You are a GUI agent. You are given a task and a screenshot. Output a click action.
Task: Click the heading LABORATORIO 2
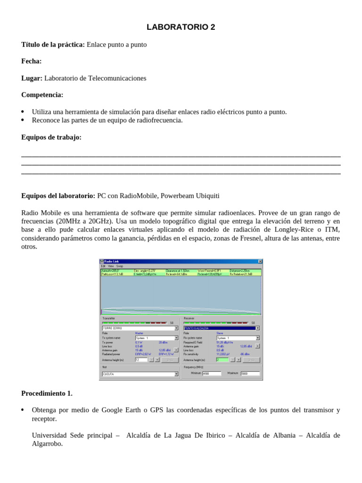click(x=181, y=27)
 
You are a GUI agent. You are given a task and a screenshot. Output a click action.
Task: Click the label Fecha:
click(x=31, y=61)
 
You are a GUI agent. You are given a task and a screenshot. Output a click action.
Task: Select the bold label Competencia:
click(x=42, y=95)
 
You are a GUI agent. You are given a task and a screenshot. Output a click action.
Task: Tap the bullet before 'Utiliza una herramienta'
click(x=23, y=112)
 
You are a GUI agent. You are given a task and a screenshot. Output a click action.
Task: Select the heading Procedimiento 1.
click(x=47, y=393)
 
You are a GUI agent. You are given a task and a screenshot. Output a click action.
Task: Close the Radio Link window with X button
click(x=260, y=261)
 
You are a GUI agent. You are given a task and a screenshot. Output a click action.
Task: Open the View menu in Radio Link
click(x=110, y=266)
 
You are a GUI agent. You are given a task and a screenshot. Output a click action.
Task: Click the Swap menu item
click(x=120, y=266)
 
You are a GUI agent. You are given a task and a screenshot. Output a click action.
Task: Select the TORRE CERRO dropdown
click(x=140, y=328)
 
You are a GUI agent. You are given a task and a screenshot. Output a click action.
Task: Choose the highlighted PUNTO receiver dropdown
click(x=221, y=328)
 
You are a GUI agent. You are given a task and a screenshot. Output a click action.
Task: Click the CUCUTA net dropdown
click(x=140, y=374)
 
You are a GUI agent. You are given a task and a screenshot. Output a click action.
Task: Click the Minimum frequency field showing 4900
click(x=212, y=374)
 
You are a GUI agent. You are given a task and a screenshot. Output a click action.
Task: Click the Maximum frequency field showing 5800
click(x=250, y=374)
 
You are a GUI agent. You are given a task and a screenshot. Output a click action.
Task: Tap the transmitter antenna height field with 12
click(x=141, y=359)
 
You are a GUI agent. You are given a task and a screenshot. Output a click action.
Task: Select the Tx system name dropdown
click(x=156, y=338)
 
